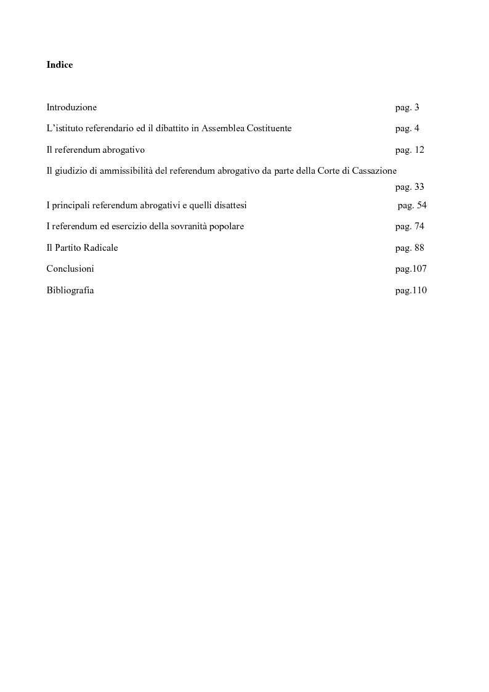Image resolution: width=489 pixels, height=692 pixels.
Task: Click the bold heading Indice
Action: click(x=60, y=65)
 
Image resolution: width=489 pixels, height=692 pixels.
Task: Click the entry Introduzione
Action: click(x=71, y=107)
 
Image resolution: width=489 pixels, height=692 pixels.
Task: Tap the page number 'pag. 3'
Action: click(x=407, y=107)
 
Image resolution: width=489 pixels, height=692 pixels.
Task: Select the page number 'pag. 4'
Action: click(x=407, y=129)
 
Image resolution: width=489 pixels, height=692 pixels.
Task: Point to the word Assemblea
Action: click(x=223, y=129)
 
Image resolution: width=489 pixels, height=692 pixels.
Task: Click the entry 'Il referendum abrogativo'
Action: click(x=95, y=150)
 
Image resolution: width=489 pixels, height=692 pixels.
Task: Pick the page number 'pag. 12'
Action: click(x=410, y=150)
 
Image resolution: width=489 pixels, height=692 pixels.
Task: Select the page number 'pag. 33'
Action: click(x=410, y=187)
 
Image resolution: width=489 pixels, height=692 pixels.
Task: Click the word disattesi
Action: click(x=228, y=205)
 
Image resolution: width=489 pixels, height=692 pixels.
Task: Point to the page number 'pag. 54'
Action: click(x=412, y=205)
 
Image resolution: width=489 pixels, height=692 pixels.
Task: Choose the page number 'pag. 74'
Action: click(x=410, y=226)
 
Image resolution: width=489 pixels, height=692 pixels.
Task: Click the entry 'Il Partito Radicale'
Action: click(x=82, y=248)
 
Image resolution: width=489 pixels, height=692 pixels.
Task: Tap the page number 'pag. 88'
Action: click(x=410, y=248)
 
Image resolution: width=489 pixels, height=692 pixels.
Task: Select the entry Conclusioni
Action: click(x=70, y=269)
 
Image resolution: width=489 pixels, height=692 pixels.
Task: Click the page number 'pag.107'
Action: click(x=411, y=269)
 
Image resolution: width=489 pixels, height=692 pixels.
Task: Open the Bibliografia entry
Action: click(x=70, y=290)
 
